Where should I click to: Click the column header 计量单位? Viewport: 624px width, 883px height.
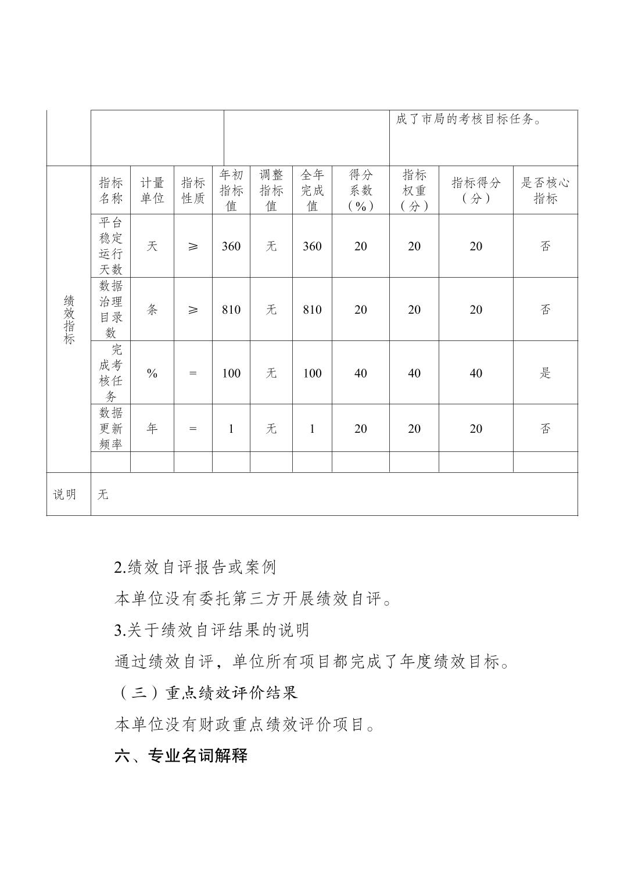[152, 191]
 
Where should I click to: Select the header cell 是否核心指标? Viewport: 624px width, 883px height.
[545, 191]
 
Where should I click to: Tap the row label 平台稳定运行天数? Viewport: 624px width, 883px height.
[110, 246]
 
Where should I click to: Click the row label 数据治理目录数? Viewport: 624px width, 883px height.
[110, 309]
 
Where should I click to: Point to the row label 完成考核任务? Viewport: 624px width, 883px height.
[110, 372]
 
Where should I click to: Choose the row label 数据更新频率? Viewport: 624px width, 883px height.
[110, 428]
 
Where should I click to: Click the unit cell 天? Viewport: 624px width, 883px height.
[152, 246]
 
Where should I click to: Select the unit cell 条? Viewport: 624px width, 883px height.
[152, 309]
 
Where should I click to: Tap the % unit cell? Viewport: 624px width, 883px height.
[152, 373]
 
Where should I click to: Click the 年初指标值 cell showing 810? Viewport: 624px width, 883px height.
[231, 310]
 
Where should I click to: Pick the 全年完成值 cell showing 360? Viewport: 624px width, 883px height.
[312, 246]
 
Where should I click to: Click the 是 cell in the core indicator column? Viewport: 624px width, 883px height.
[545, 373]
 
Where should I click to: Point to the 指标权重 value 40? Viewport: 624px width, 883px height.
[414, 373]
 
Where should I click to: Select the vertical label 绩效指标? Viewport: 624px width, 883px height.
[69, 320]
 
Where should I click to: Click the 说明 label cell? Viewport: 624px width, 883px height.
[65, 494]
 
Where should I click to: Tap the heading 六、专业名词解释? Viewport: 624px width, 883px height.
[181, 756]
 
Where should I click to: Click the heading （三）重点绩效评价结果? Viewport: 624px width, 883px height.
[206, 692]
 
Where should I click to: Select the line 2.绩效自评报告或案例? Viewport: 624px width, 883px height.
[195, 567]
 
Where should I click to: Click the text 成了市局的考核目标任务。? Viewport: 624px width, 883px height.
[469, 120]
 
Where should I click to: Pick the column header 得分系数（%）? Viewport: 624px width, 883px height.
[360, 191]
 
